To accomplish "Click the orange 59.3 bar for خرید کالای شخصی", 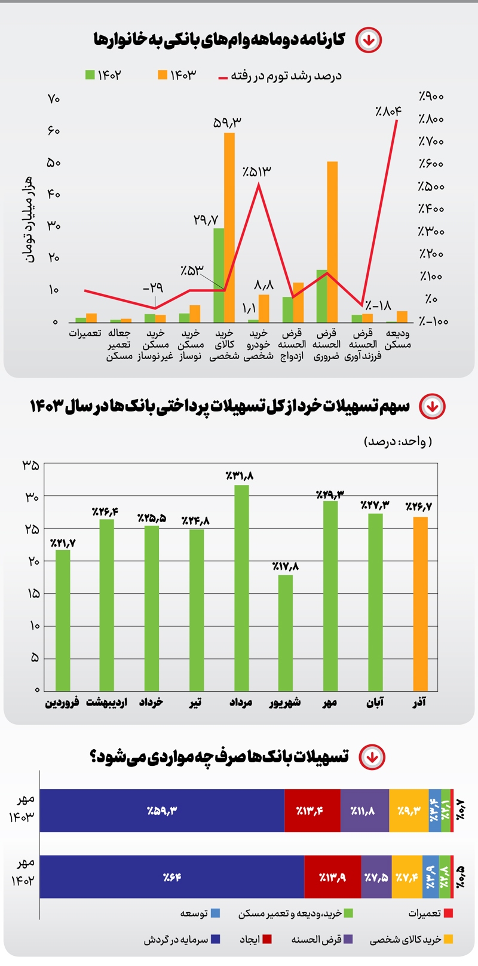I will click(x=229, y=227).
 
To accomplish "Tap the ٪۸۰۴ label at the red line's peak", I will click(x=388, y=111).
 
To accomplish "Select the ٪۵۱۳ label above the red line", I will click(x=256, y=171).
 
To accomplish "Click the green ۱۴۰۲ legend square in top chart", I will click(x=90, y=75).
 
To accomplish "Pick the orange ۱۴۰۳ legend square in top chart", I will click(x=163, y=75).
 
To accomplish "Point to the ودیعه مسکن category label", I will click(x=397, y=339).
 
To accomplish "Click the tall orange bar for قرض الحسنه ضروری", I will click(x=332, y=242).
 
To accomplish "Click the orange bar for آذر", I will click(x=420, y=603).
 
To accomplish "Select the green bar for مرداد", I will click(x=241, y=588).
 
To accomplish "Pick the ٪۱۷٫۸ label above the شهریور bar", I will click(x=285, y=566).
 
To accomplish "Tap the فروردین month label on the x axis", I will click(x=62, y=703).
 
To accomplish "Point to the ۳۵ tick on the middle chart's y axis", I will click(x=30, y=465).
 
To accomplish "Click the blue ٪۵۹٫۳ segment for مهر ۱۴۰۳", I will click(x=163, y=811).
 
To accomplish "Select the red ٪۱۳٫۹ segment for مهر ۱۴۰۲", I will click(x=332, y=877).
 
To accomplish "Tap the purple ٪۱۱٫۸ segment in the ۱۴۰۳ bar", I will click(x=364, y=811).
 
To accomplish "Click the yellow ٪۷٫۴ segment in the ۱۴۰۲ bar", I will click(x=407, y=877).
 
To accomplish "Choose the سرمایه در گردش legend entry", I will click(x=182, y=940).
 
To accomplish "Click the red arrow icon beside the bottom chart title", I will click(x=372, y=757).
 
